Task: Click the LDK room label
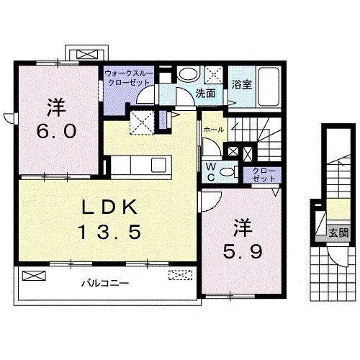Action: [109, 207]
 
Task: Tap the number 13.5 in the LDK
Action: [110, 232]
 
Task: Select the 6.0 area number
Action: [57, 131]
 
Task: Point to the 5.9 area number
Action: [243, 251]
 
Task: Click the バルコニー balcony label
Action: [105, 284]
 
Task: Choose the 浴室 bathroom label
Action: [241, 84]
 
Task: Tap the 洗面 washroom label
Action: [205, 94]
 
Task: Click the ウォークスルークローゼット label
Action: [129, 78]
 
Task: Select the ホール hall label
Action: [214, 130]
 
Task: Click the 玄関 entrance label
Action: [338, 233]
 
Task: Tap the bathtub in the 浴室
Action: [269, 86]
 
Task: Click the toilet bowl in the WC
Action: [227, 172]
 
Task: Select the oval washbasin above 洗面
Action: [188, 74]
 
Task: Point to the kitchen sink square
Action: [158, 165]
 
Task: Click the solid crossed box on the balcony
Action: [34, 276]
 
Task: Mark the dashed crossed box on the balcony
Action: [181, 275]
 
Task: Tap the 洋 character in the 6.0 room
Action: [57, 107]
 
